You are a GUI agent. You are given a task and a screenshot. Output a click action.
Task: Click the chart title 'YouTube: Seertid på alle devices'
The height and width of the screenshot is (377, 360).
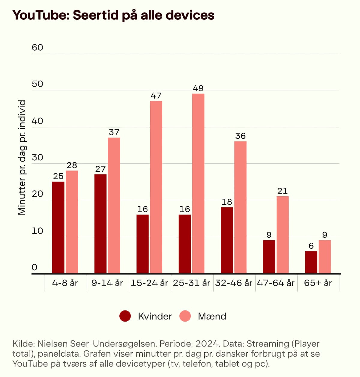113,15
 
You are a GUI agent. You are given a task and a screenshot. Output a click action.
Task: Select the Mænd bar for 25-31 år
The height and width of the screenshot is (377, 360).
198,183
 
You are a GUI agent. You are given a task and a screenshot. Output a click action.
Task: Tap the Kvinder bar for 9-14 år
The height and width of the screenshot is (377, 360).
100,224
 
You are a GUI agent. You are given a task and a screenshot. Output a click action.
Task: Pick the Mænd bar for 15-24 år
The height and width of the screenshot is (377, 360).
156,187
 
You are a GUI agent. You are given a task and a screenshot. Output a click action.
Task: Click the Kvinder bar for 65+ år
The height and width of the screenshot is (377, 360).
311,262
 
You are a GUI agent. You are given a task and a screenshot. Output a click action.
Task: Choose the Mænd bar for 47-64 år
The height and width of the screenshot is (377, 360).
283,235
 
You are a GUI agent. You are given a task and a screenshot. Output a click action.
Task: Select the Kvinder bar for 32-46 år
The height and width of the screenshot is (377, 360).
227,240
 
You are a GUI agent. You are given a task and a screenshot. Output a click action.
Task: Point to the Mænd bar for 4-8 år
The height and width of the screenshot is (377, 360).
72,222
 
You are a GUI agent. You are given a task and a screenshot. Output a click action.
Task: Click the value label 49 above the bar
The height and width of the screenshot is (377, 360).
198,88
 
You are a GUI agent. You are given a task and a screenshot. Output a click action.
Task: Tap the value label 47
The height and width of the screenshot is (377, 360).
156,96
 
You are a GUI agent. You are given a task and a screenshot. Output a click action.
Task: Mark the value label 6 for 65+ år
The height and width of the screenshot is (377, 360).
311,246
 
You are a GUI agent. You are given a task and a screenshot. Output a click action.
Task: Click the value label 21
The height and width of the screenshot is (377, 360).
283,191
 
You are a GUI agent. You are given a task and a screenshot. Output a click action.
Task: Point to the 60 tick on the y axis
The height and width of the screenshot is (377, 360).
37,47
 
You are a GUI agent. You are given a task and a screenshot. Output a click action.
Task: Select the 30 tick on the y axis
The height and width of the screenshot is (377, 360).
37,157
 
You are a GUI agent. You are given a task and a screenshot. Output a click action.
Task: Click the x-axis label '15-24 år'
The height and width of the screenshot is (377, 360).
149,283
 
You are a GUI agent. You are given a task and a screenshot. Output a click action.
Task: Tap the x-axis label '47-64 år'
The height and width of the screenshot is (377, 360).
276,283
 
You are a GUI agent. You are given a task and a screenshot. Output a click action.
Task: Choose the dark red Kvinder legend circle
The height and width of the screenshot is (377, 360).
125,316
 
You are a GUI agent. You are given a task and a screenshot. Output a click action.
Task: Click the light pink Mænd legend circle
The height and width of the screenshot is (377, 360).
185,316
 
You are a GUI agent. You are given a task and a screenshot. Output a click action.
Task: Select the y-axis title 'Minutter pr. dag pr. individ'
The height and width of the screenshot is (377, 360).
22,157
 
